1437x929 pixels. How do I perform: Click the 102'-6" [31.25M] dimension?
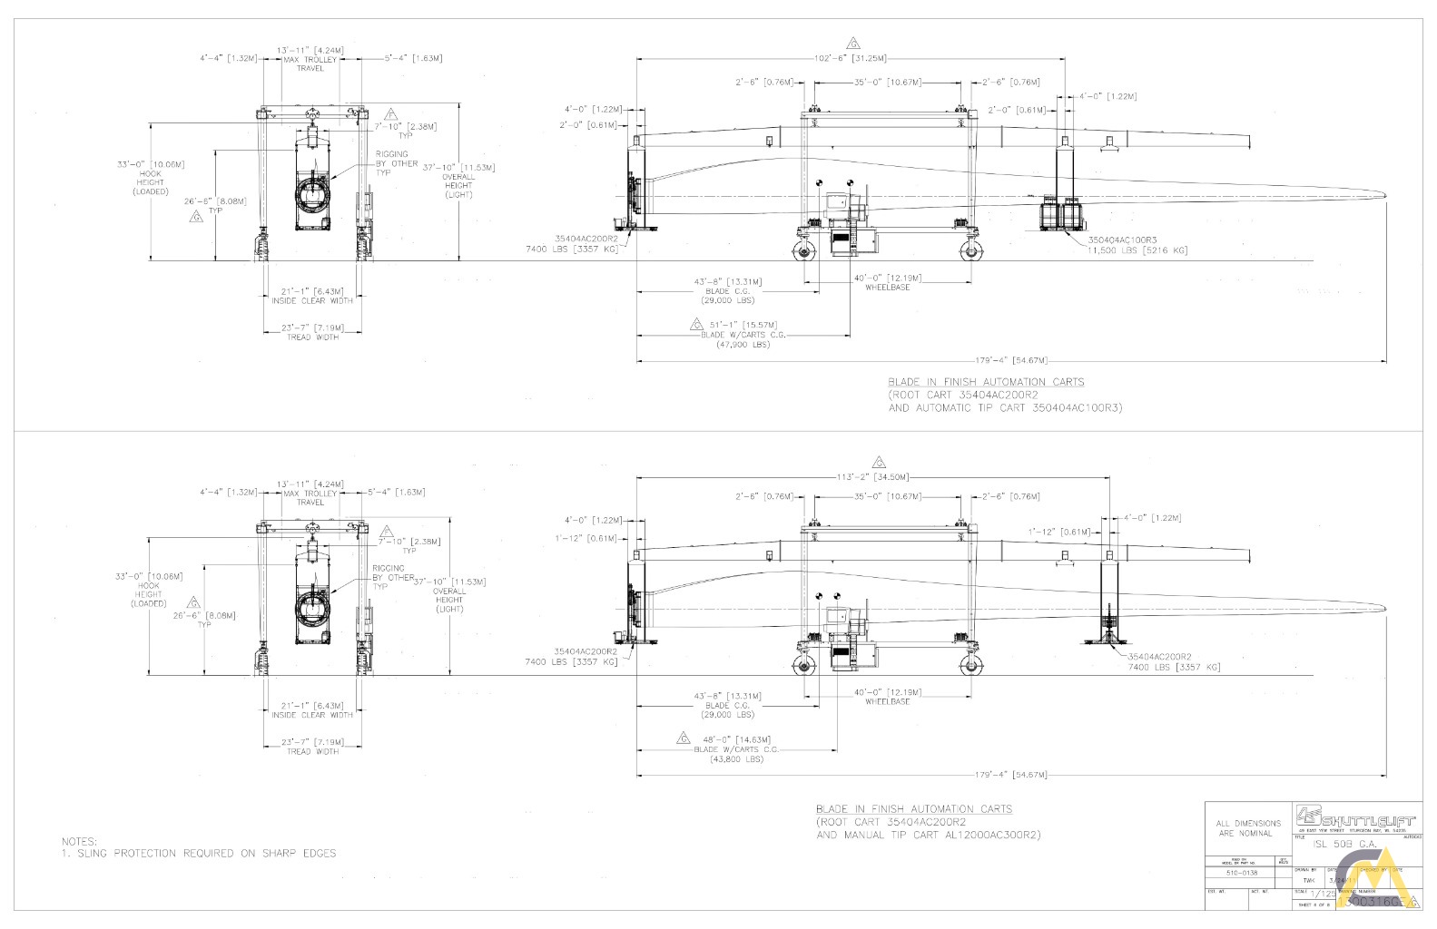click(850, 58)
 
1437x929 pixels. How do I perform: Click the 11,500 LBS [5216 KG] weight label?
click(1137, 250)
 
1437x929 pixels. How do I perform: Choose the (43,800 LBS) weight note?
click(737, 759)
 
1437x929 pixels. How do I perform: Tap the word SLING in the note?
click(94, 853)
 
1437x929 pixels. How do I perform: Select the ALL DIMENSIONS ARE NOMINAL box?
click(1248, 827)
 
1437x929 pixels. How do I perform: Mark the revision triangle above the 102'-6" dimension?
click(852, 43)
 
